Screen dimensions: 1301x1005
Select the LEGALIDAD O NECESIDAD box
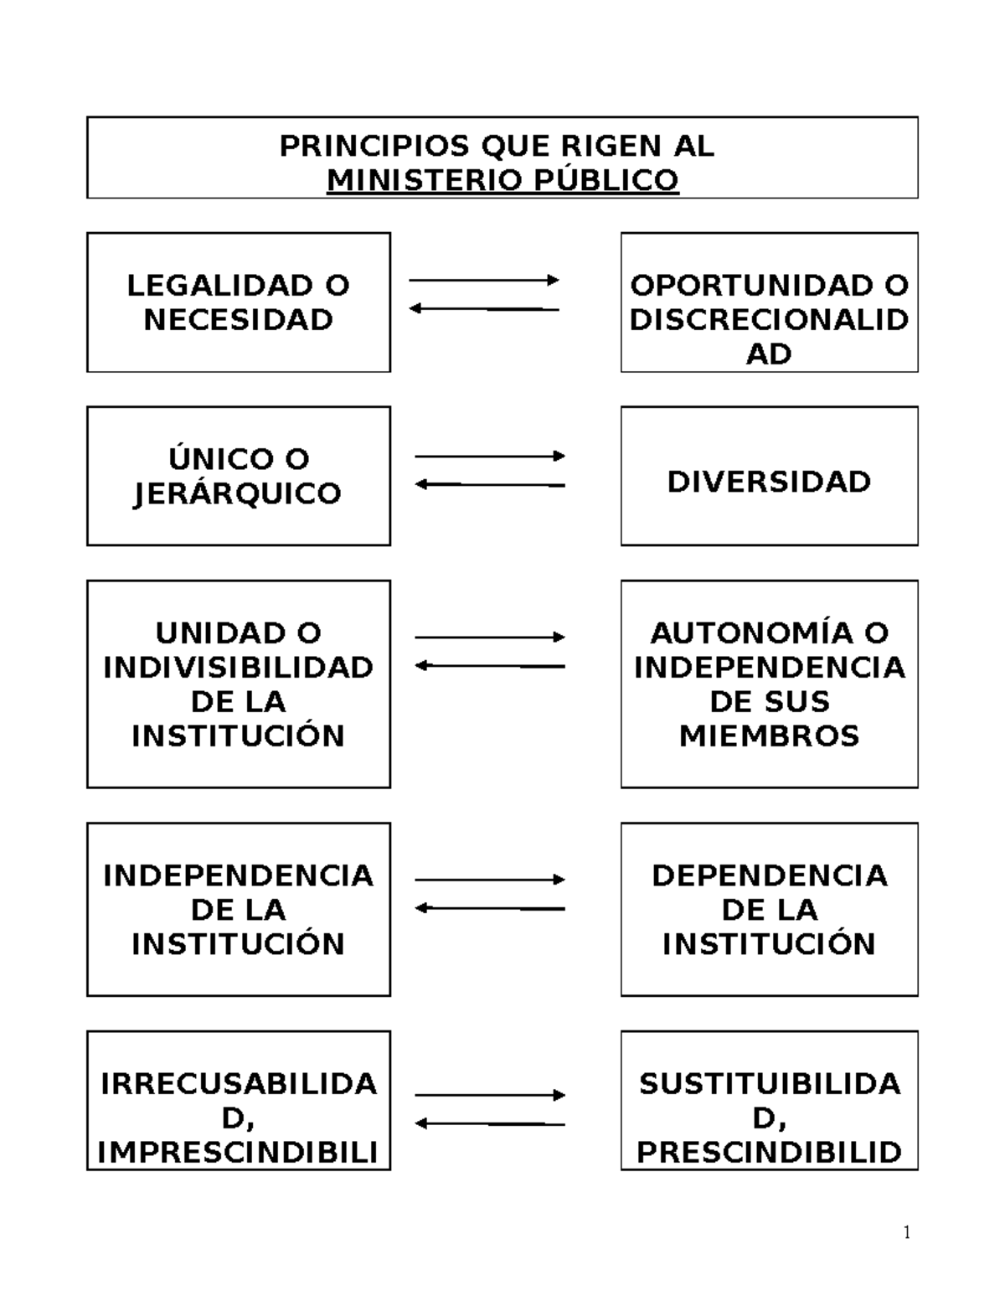239,302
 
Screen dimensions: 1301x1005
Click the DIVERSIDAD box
769,476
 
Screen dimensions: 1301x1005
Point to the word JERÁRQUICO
238,493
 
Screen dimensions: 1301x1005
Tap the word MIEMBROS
769,736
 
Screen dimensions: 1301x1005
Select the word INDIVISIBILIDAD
239,668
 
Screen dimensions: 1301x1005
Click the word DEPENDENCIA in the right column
769,875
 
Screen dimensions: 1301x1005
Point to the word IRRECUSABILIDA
239,1084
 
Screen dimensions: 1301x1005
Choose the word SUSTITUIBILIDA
769,1084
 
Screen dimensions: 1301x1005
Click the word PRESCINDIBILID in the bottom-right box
769,1153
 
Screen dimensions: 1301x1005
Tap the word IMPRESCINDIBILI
239,1153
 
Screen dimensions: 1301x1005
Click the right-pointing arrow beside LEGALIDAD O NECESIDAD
483,280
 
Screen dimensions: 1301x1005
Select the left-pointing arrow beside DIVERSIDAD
490,484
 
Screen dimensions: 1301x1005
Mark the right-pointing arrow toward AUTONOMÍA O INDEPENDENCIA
490,638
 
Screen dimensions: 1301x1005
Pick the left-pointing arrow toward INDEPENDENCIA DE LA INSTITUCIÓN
490,908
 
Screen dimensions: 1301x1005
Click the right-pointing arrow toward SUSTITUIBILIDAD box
490,1095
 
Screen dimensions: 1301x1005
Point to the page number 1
907,1232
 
